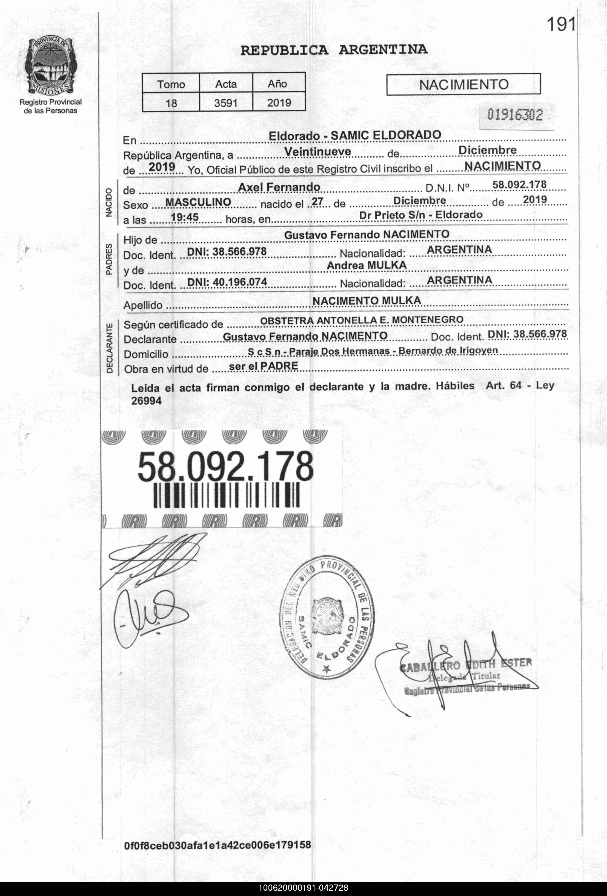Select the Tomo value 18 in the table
(171, 103)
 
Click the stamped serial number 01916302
(515, 115)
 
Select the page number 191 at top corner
(561, 25)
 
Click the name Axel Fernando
(279, 187)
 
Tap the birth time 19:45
(184, 217)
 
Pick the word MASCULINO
(198, 202)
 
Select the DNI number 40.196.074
(239, 282)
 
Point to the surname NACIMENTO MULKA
(366, 301)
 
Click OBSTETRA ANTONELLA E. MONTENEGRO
(362, 320)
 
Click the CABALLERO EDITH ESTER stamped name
(466, 664)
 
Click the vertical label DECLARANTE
(110, 348)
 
